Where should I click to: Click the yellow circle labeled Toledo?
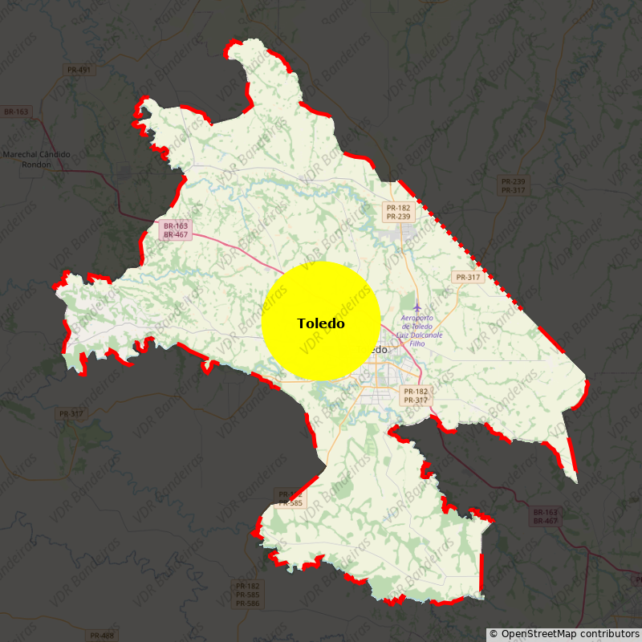[x=321, y=321]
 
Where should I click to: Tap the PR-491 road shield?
[x=79, y=70]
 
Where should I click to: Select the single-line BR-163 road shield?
[x=15, y=112]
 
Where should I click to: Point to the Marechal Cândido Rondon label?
[x=37, y=159]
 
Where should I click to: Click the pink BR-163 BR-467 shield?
[x=175, y=230]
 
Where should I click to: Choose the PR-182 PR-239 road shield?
[x=398, y=212]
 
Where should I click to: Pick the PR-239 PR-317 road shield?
[x=512, y=185]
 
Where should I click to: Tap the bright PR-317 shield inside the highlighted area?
[x=467, y=277]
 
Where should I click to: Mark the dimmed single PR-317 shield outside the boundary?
[x=71, y=414]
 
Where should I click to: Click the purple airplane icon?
[x=416, y=307]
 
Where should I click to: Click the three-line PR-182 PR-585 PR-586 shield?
[x=247, y=595]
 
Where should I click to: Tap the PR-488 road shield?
[x=102, y=636]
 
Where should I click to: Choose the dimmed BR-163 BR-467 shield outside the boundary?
[x=545, y=516]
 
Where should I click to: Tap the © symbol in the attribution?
[x=494, y=634]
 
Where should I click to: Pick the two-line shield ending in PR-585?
[x=290, y=498]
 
